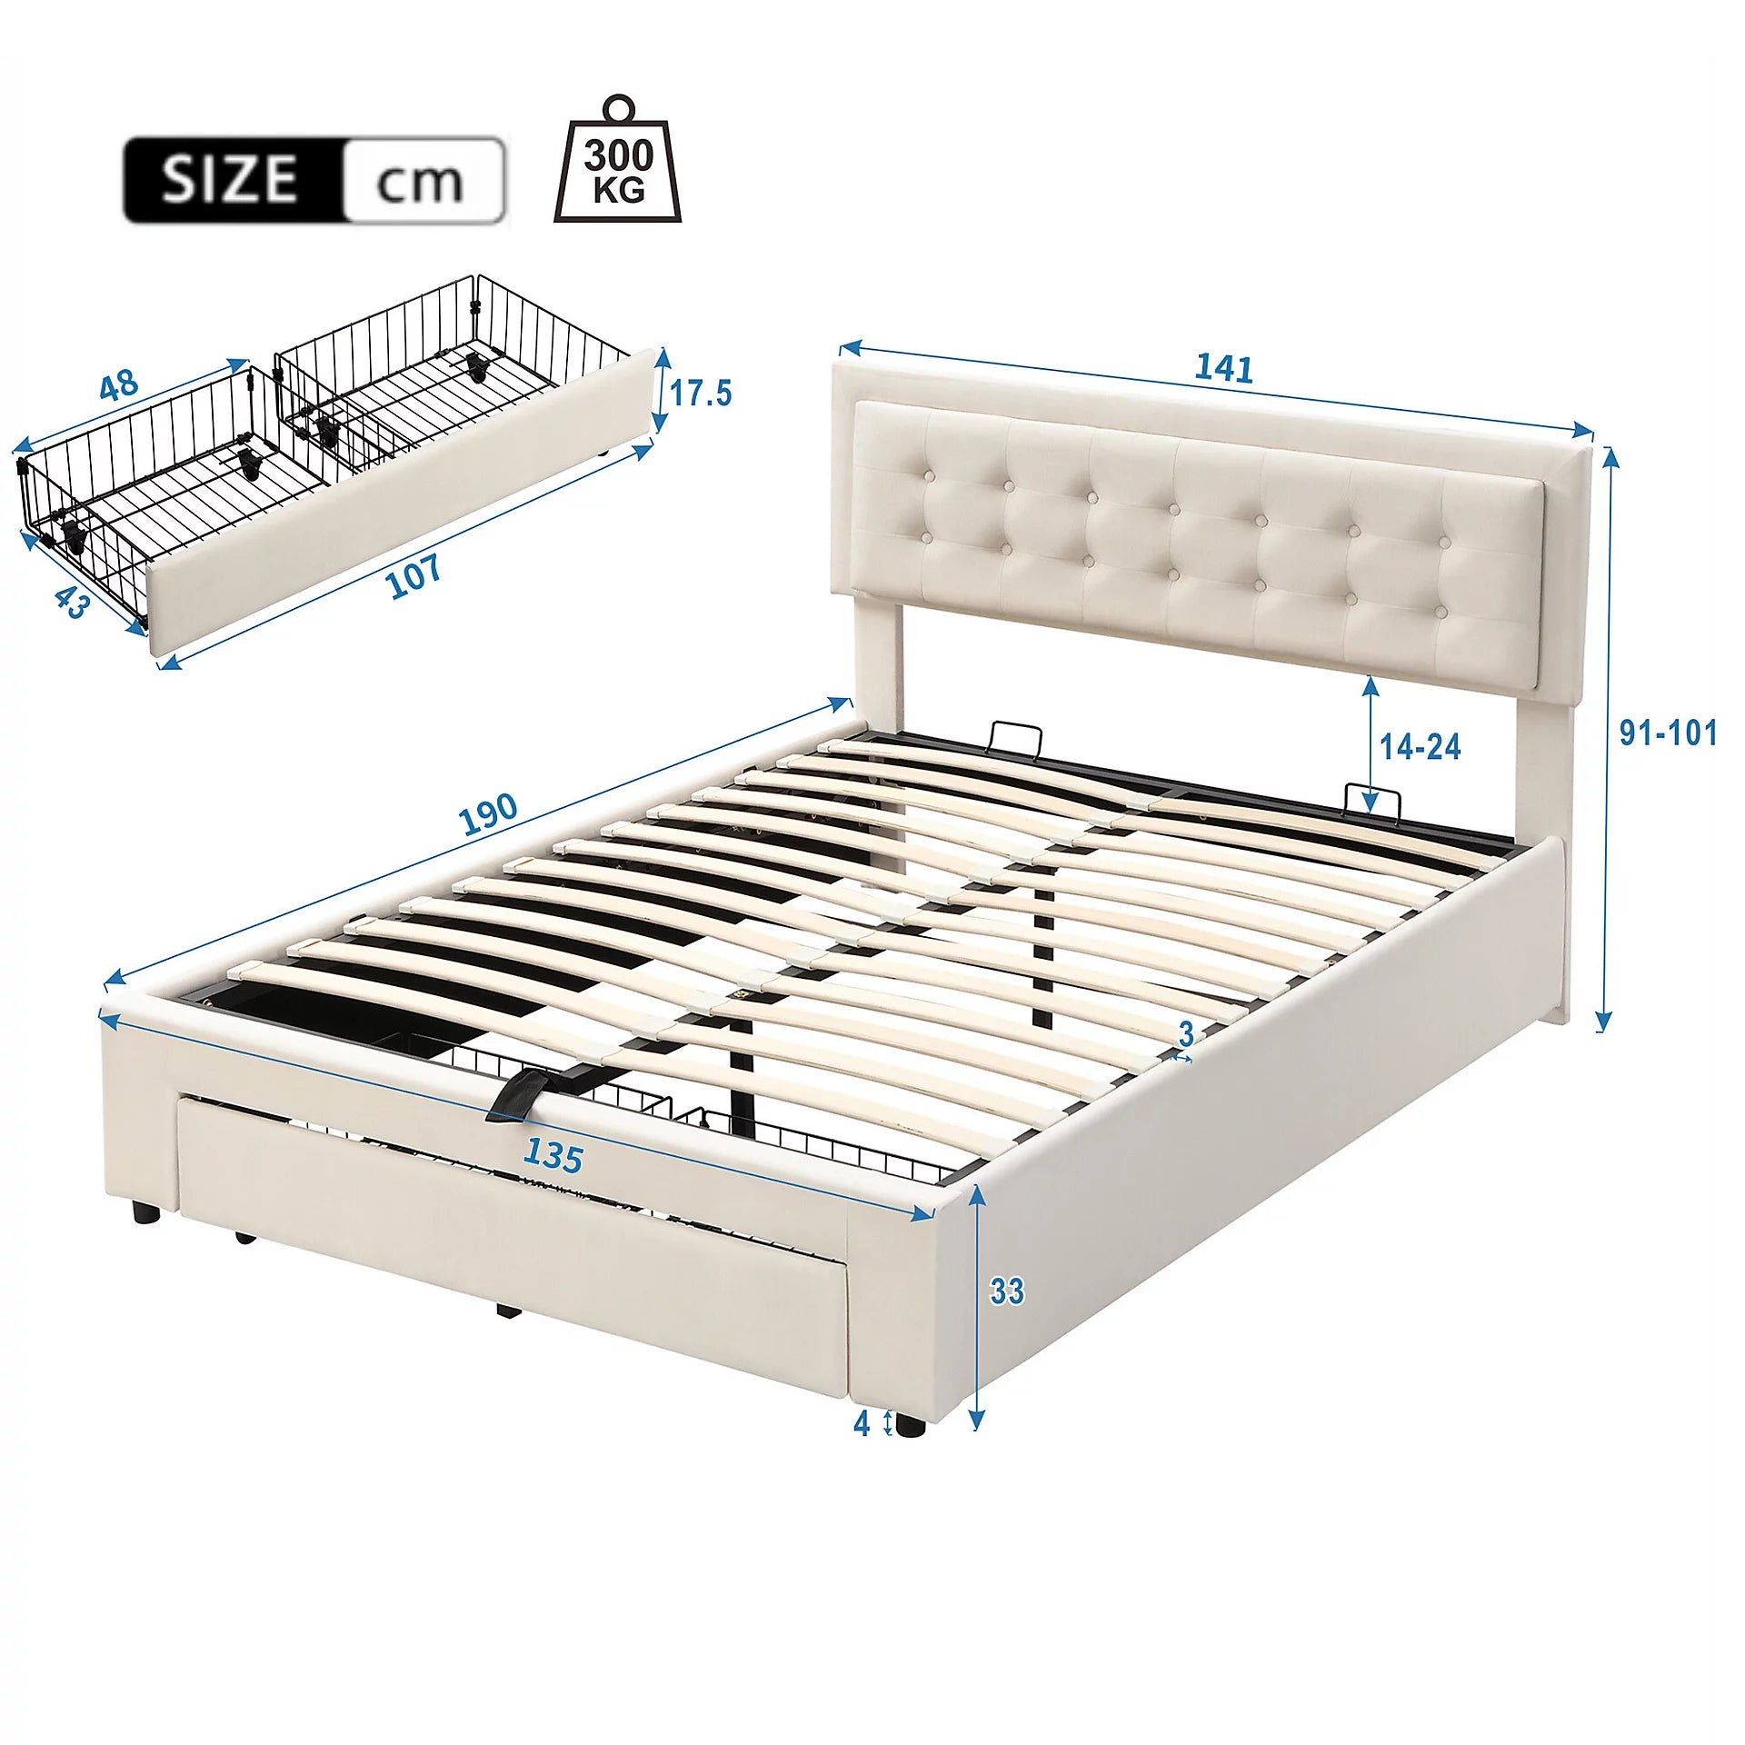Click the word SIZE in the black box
[230, 179]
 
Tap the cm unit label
[420, 183]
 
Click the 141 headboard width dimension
[1223, 368]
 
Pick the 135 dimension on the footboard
[553, 1156]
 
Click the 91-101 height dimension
[1668, 733]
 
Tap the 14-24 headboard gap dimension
[1421, 747]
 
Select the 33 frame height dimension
[1006, 1291]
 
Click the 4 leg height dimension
[862, 1423]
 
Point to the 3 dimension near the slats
[1185, 1033]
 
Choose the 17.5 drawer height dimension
[701, 394]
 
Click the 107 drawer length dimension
[414, 575]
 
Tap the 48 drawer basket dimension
[119, 385]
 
